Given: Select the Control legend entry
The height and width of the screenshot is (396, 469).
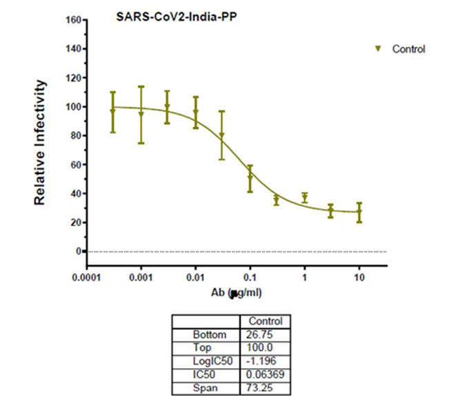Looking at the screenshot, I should click(x=408, y=49).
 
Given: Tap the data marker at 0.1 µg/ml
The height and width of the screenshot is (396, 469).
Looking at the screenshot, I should click(x=250, y=177).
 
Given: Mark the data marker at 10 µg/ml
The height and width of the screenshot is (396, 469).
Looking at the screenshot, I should click(x=359, y=212).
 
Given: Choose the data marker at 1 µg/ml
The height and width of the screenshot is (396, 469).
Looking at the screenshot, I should click(x=304, y=198).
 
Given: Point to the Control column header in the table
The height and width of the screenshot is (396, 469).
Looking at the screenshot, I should click(x=266, y=321).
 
